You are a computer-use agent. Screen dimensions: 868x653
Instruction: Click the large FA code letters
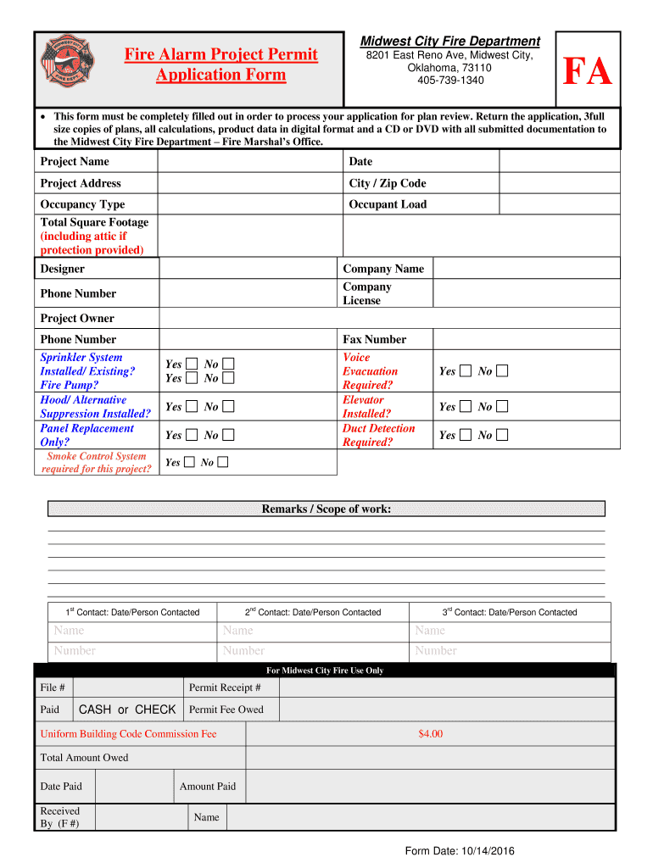pyautogui.click(x=587, y=72)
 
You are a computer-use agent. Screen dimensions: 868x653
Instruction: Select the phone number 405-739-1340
pyautogui.click(x=450, y=81)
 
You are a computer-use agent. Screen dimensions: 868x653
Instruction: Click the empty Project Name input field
pyautogui.click(x=249, y=161)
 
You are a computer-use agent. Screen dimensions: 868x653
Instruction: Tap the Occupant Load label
pyautogui.click(x=388, y=204)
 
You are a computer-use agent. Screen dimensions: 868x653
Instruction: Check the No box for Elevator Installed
pyautogui.click(x=503, y=407)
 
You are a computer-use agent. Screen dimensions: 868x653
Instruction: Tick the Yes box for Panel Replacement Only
pyautogui.click(x=192, y=435)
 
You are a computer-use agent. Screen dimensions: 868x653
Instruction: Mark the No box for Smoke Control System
pyautogui.click(x=222, y=462)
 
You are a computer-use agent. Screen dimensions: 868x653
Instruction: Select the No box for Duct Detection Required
pyautogui.click(x=503, y=435)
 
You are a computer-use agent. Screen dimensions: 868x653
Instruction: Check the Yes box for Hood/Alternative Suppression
pyautogui.click(x=192, y=407)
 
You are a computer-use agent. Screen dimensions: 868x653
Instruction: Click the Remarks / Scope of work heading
pyautogui.click(x=326, y=509)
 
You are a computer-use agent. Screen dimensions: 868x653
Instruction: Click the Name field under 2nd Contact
pyautogui.click(x=312, y=631)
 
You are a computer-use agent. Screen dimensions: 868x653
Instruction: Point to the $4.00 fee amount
pyautogui.click(x=430, y=734)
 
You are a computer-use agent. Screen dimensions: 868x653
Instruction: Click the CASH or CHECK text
pyautogui.click(x=127, y=709)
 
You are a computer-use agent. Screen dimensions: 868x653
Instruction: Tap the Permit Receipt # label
pyautogui.click(x=225, y=687)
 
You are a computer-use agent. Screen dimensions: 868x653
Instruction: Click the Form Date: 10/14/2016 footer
pyautogui.click(x=460, y=851)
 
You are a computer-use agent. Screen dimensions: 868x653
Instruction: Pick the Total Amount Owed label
pyautogui.click(x=84, y=758)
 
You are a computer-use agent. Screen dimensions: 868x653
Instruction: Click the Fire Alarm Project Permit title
pyautogui.click(x=220, y=55)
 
